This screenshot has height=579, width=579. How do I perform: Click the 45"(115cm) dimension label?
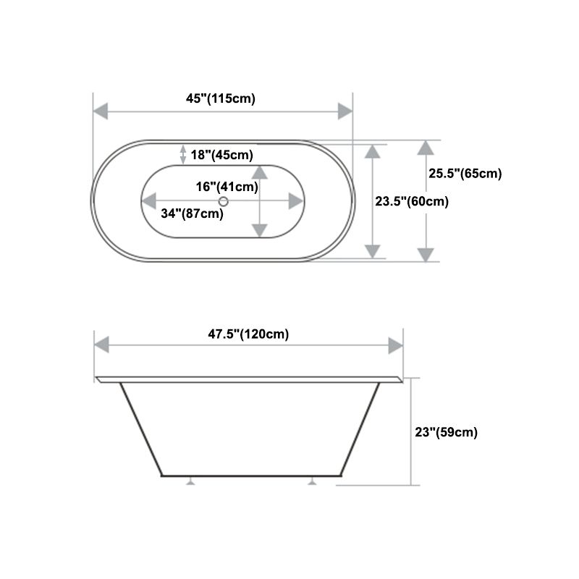[x=220, y=99]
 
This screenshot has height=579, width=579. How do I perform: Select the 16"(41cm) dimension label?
[x=227, y=187]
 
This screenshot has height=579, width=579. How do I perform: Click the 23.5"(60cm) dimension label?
[x=412, y=202]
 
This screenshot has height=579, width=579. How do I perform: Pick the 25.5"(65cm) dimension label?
[x=464, y=173]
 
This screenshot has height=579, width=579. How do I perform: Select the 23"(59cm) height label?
[x=446, y=432]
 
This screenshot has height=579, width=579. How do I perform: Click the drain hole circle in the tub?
[x=224, y=201]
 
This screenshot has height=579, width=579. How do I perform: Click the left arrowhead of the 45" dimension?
[x=101, y=111]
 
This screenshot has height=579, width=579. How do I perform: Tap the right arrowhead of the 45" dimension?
[x=345, y=111]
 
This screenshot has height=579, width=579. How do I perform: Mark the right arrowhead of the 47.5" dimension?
[x=395, y=345]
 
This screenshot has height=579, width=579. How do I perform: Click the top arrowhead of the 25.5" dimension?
[x=426, y=148]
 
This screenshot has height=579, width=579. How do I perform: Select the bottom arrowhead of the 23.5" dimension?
[x=372, y=250]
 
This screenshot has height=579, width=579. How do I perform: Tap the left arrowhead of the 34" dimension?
[x=150, y=201]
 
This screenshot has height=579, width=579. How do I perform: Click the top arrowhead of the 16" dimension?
[x=259, y=173]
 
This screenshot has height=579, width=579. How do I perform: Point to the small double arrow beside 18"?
[x=183, y=153]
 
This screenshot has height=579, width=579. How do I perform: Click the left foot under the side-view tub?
[x=190, y=481]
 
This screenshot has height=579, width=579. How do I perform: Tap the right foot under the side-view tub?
[x=312, y=481]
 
